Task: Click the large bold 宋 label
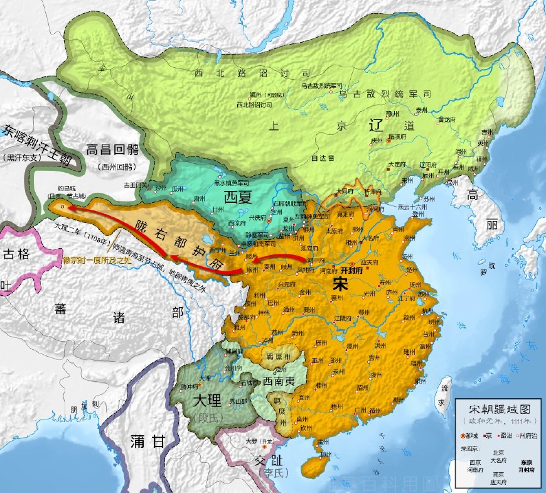342,283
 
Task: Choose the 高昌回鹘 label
113,151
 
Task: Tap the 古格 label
16,254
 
